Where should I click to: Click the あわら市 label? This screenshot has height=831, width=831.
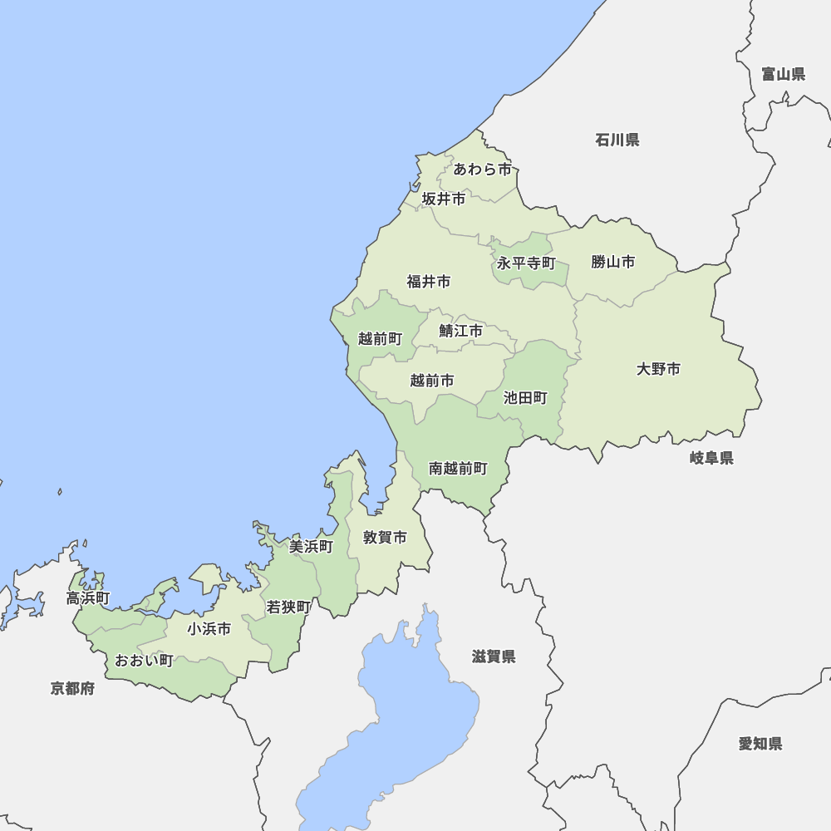point(482,170)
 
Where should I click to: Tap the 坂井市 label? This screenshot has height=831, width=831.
point(443,199)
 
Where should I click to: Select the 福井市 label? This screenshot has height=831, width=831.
point(428,282)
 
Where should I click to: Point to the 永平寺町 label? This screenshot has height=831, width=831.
point(526,263)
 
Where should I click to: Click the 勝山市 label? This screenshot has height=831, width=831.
point(613,262)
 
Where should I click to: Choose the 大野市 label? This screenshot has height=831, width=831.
point(658,369)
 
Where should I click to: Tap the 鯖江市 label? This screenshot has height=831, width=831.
point(460,331)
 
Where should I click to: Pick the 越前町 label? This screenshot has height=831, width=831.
point(380,338)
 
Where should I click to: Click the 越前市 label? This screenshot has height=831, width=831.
point(432,381)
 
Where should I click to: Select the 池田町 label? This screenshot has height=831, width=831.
point(525,398)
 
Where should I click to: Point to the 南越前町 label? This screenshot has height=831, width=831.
point(458,469)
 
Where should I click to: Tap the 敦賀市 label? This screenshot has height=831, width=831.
point(385,538)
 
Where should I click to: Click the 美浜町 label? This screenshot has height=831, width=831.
point(311,546)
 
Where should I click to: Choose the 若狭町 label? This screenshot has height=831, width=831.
point(288,607)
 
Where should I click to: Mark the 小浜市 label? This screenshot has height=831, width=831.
point(209,629)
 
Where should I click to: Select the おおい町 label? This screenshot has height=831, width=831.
point(144,661)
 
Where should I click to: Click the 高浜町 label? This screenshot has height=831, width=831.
point(88,598)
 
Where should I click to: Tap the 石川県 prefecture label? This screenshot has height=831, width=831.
point(617,140)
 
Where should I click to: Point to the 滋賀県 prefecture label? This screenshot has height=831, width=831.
point(494,656)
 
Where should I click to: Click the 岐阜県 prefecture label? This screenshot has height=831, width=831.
point(711,458)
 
